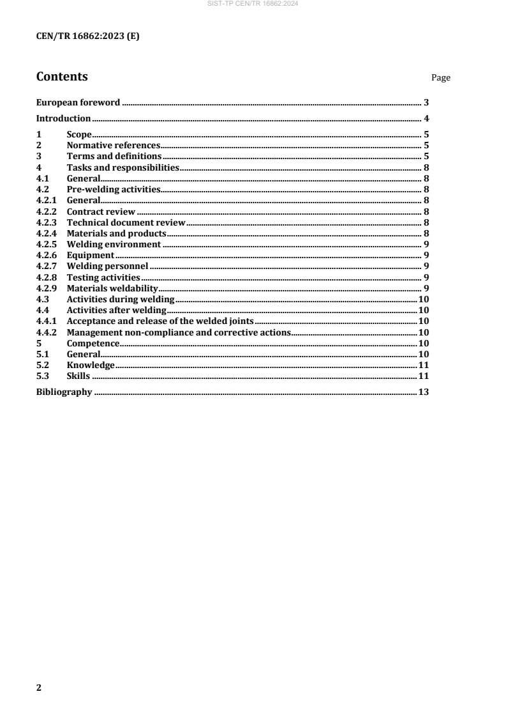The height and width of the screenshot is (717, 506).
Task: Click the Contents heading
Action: click(62, 77)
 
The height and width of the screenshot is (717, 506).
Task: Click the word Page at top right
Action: click(441, 78)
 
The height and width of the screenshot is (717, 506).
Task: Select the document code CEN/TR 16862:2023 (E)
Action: click(87, 37)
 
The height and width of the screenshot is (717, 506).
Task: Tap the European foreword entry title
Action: click(78, 102)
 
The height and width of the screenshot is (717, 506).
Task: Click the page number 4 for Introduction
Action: click(426, 118)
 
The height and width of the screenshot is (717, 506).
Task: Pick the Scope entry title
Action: click(79, 135)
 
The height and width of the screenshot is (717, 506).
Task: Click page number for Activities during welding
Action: click(423, 299)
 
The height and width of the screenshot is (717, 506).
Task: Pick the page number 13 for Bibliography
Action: click(423, 392)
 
